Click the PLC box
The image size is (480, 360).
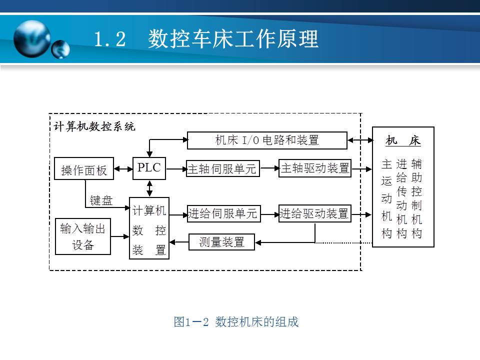tap(149, 168)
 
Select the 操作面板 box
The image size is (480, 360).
tap(84, 170)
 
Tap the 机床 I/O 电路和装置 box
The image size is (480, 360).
tap(267, 140)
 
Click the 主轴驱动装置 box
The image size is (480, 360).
tap(315, 168)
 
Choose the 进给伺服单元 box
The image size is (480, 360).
tap(223, 214)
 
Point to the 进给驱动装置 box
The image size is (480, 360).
tap(314, 214)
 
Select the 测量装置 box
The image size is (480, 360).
tap(221, 242)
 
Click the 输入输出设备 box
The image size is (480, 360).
tap(83, 236)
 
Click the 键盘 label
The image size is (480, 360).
tap(101, 200)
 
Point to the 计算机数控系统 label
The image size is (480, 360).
tap(94, 126)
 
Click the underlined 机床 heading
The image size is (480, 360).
tap(403, 141)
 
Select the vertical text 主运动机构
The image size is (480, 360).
tap(386, 198)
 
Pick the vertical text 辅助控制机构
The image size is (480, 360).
tap(416, 198)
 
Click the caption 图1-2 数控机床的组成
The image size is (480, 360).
tap(236, 322)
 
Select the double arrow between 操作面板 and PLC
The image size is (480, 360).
tap(123, 170)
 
